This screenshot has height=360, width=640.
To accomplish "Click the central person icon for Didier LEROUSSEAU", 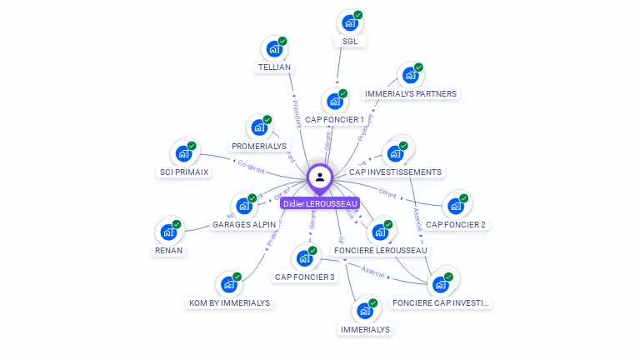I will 320,177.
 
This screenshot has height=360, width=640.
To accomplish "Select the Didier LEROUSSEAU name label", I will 320,203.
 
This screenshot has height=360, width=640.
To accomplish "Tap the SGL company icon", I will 350,22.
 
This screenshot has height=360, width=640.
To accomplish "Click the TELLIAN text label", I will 275,67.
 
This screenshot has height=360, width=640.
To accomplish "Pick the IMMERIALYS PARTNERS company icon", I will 410,75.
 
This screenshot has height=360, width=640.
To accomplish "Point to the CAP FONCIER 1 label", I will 334,120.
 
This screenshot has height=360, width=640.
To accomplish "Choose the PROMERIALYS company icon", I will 259,127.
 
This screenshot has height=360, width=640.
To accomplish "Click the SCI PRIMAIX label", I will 184,172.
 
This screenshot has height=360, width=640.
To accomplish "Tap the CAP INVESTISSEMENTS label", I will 395,172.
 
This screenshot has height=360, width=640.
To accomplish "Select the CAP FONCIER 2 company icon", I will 455,205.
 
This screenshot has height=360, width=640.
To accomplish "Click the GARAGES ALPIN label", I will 244,225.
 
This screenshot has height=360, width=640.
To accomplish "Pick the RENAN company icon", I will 168,231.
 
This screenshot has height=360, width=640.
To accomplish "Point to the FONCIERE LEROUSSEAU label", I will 380,250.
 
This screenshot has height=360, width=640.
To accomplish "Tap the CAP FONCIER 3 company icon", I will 304,258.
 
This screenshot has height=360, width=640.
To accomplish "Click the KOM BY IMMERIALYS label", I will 229,303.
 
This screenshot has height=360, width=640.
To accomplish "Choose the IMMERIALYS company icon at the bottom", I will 364,311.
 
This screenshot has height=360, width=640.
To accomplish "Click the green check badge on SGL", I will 358,15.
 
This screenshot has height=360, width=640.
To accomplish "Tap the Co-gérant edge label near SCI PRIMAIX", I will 251,167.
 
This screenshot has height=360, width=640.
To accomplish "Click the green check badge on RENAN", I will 177,224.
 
